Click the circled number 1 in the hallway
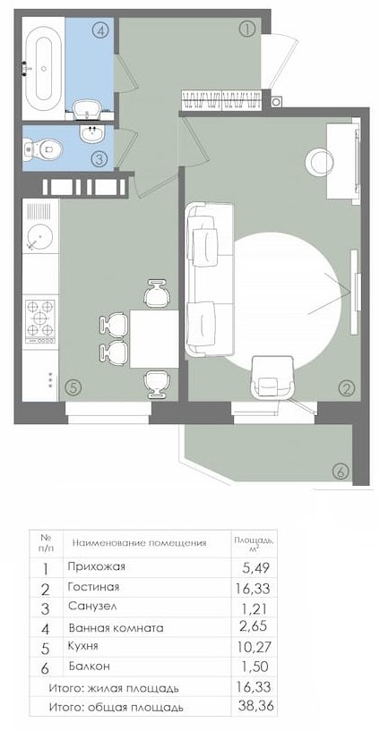[247, 30]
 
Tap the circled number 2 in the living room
[346, 388]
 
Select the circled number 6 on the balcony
[341, 472]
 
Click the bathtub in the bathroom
[44, 68]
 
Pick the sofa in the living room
[209, 280]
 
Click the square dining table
[154, 339]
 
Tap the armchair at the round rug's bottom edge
[272, 378]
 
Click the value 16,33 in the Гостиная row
[253, 589]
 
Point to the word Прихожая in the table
[97, 567]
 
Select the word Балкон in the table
[89, 667]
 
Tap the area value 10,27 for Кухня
[254, 647]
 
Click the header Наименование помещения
[140, 543]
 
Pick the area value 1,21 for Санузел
[255, 607]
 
